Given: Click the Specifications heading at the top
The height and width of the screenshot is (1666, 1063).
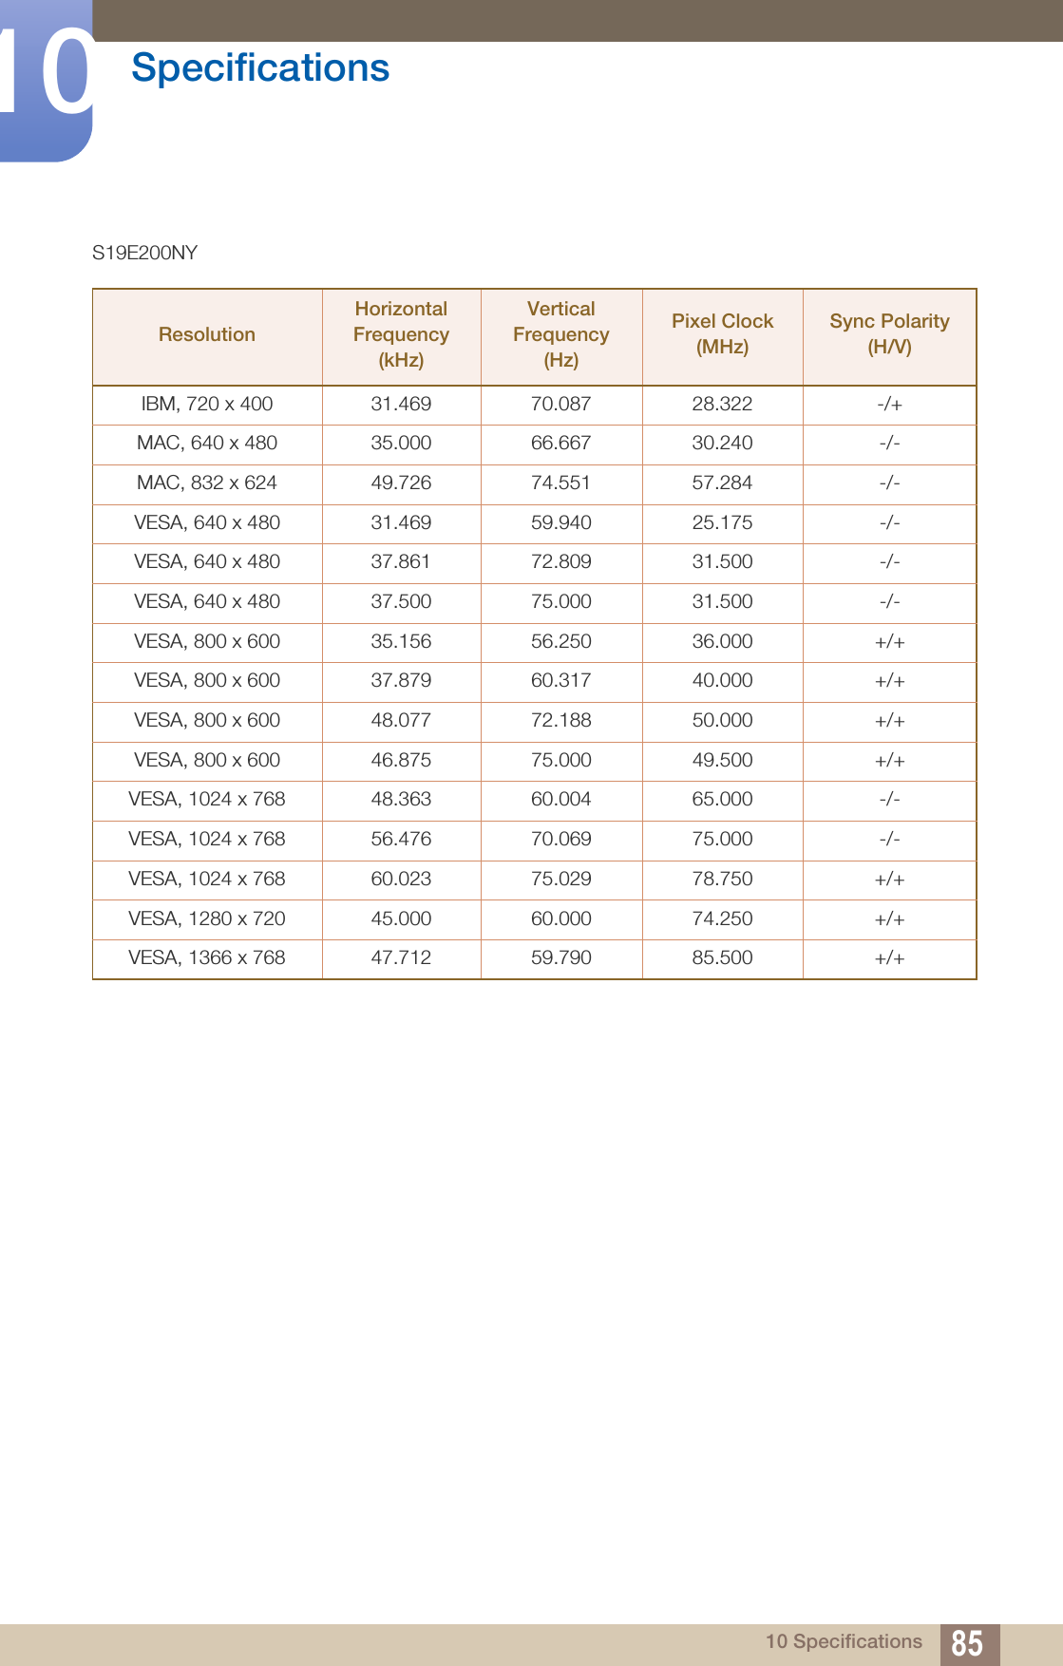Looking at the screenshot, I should [260, 68].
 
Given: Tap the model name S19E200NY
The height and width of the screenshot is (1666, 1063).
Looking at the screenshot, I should [144, 253].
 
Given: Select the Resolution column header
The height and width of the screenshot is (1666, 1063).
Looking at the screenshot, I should [207, 334].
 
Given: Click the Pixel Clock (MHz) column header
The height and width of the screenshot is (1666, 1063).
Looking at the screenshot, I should [722, 333].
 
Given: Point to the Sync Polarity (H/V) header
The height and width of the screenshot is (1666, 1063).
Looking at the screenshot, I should [889, 333].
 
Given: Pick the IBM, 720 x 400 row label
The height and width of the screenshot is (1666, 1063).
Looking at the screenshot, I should [207, 404].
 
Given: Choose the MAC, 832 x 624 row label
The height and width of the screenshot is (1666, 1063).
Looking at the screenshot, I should [207, 483].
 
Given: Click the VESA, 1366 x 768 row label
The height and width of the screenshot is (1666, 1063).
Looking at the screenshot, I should [207, 957].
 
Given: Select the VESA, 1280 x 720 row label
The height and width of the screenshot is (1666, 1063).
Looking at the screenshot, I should [207, 918].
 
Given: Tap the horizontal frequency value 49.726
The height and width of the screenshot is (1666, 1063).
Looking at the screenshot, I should [401, 483].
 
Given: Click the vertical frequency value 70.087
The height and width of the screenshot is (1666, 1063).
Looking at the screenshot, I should [560, 404].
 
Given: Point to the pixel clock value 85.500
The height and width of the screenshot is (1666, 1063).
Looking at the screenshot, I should [722, 957].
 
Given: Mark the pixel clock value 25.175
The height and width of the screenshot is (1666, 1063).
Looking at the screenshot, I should [722, 522].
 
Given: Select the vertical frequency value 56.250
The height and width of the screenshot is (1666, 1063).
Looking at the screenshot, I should [560, 641].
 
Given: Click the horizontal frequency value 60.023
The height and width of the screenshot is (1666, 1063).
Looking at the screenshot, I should [401, 879].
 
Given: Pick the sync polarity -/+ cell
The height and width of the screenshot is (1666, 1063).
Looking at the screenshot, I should [889, 404].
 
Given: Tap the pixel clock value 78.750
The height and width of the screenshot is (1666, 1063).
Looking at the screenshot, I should [722, 879].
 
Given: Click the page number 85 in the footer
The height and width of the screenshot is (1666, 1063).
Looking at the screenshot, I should [967, 1642].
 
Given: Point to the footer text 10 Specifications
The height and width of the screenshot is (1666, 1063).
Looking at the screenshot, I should [844, 1641].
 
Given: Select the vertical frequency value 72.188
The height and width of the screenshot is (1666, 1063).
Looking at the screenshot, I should [560, 720].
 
